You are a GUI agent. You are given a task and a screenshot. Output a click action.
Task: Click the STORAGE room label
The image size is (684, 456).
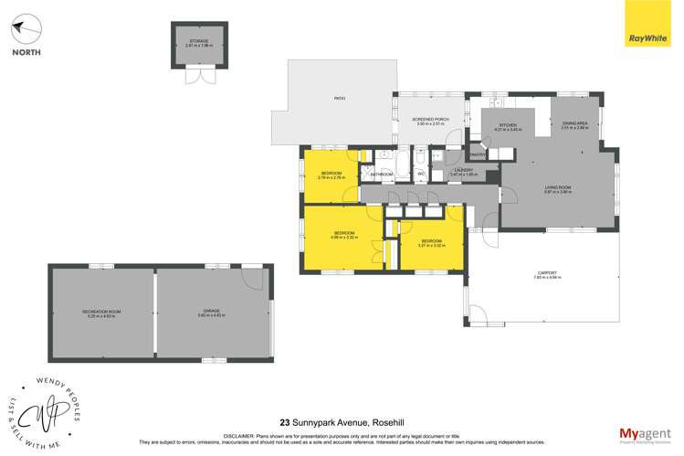click(198, 41)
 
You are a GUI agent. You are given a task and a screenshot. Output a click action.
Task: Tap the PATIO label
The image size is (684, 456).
click(339, 98)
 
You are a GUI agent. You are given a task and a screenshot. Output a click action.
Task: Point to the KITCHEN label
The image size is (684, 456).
click(508, 125)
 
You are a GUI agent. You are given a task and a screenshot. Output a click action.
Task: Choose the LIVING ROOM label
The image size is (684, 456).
click(557, 187)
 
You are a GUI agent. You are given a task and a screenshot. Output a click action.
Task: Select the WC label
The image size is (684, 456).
click(421, 173)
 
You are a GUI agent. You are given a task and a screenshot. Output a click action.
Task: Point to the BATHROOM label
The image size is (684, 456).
click(381, 174)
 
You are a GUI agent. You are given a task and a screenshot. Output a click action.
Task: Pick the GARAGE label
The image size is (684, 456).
click(211, 312)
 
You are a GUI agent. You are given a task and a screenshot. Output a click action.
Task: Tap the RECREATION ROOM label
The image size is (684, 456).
click(101, 312)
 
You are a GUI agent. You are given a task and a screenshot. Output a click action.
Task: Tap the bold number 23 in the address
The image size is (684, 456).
click(285, 422)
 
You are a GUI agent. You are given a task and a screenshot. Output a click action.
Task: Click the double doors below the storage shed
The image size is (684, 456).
click(198, 76)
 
